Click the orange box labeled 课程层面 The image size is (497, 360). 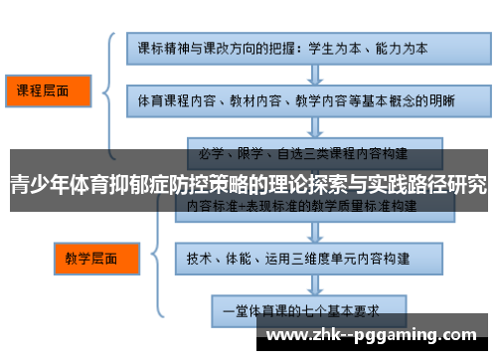tap(46, 91)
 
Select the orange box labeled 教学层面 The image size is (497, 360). tap(90, 259)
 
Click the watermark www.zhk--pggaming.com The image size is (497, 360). tap(374, 335)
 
